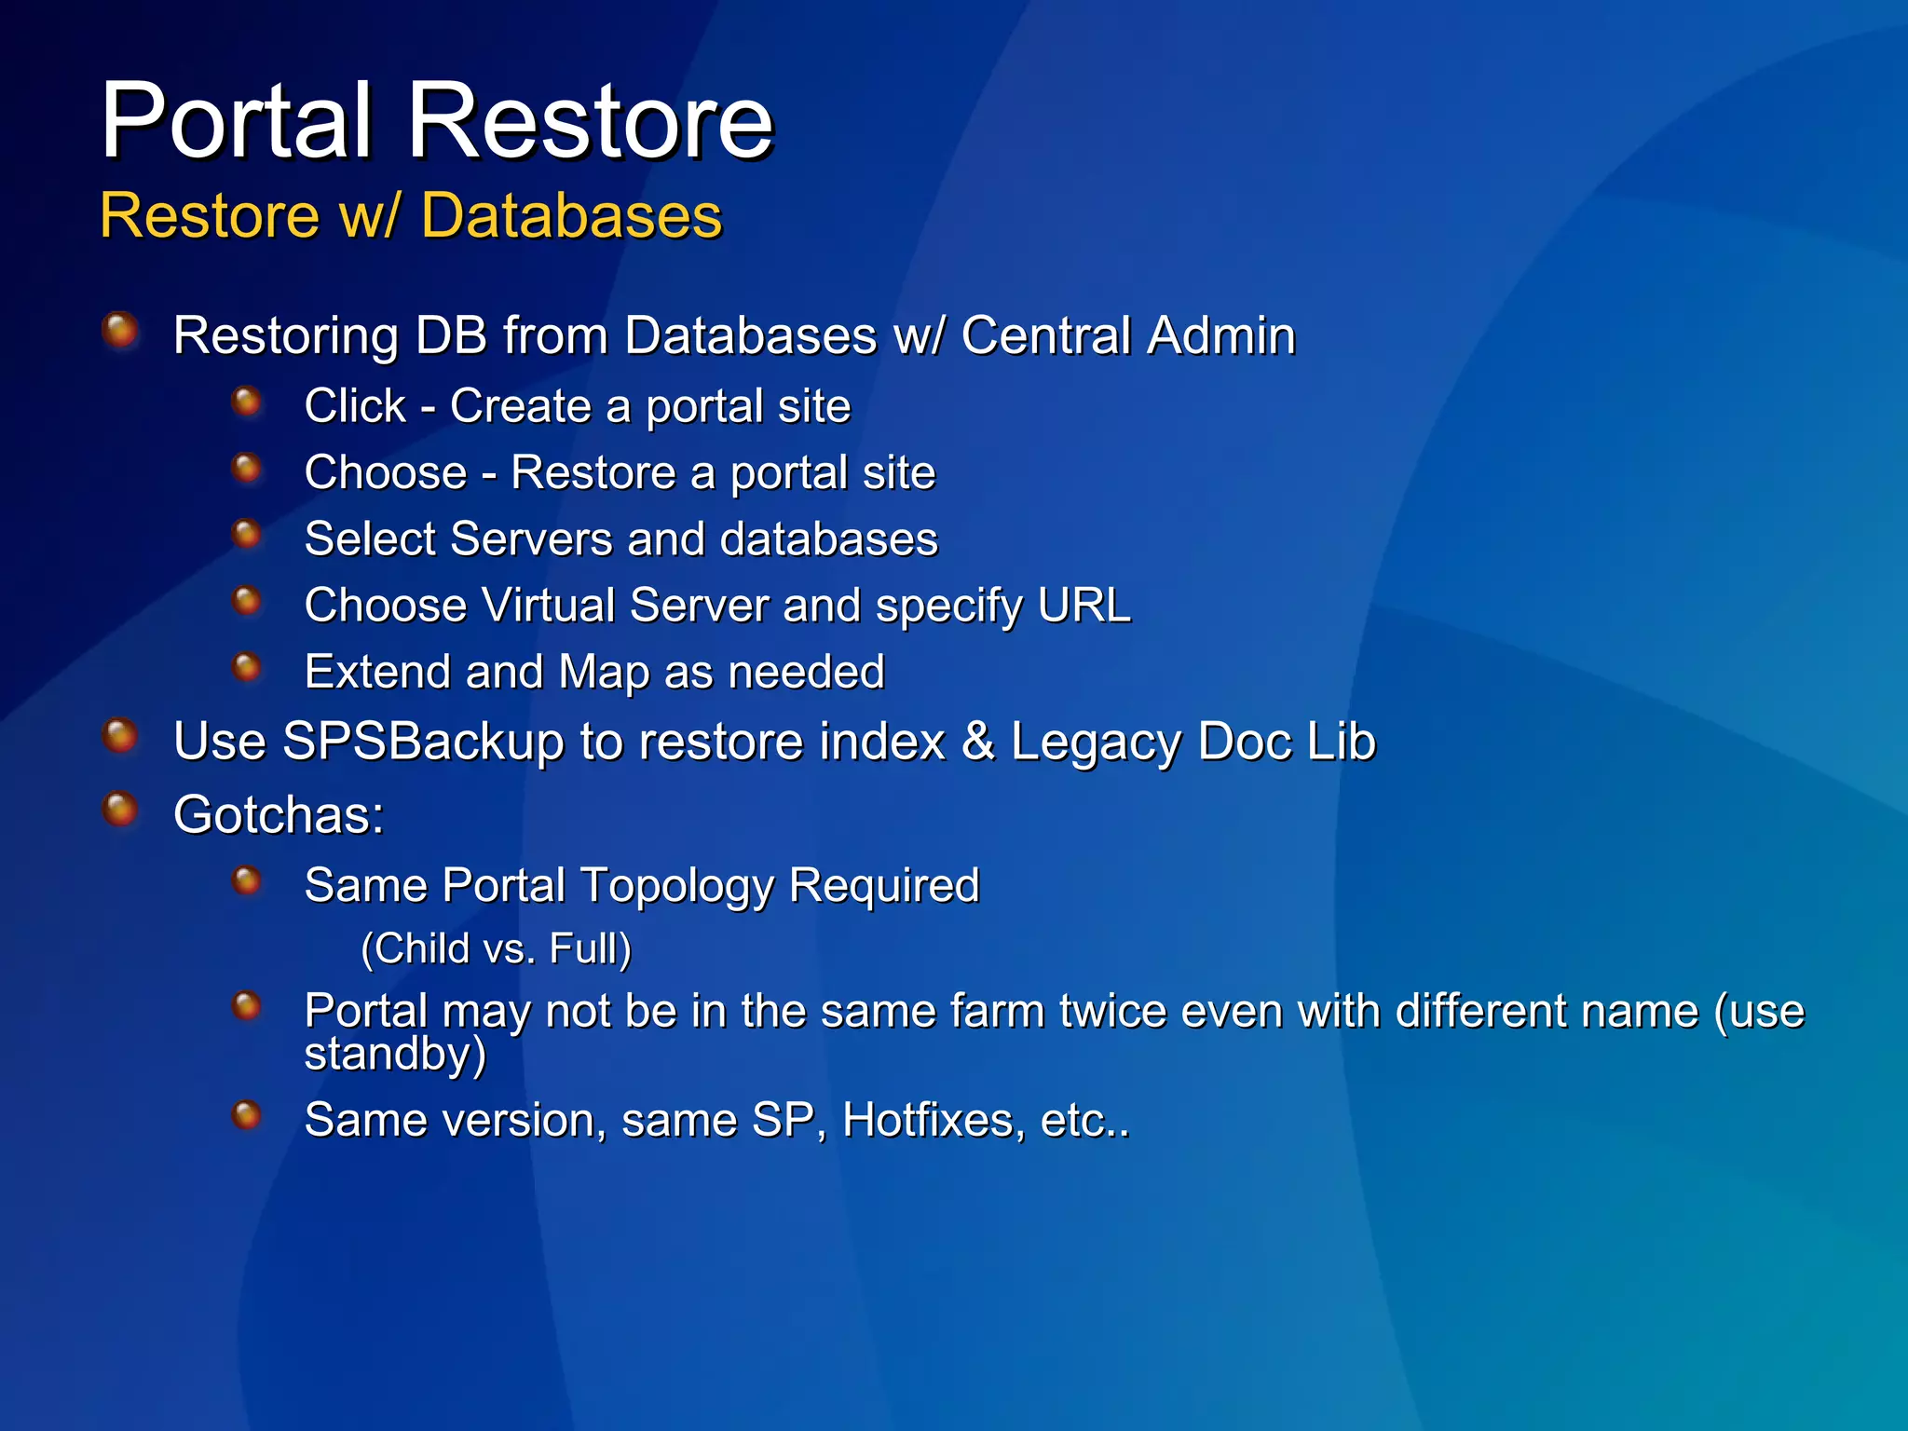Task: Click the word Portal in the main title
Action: click(238, 121)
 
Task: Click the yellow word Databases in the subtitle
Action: click(571, 216)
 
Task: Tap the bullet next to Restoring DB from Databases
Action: click(120, 330)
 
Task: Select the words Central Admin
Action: click(1127, 335)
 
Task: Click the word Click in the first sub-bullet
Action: click(355, 406)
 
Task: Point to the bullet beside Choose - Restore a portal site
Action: click(246, 468)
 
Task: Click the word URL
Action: click(1083, 606)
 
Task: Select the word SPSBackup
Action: click(423, 743)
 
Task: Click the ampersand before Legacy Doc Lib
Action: click(977, 743)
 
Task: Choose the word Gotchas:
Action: click(279, 815)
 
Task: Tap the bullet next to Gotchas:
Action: click(120, 809)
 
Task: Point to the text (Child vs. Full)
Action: click(496, 949)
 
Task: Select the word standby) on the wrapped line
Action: click(395, 1054)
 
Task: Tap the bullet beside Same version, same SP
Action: click(246, 1114)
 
